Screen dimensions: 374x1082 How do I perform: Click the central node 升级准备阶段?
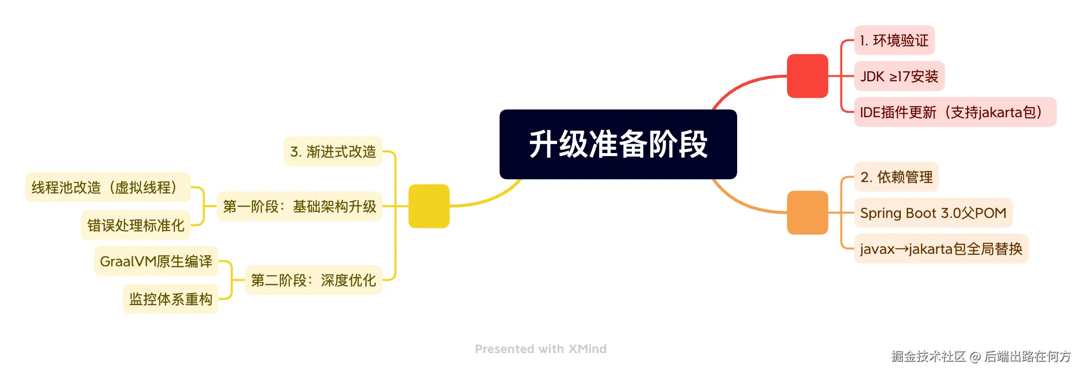(618, 144)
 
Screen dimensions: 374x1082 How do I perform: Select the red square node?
(807, 76)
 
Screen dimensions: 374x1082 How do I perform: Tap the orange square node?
(807, 212)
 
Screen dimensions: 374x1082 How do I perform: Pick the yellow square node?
(429, 206)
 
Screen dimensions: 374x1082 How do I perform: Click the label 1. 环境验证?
(894, 40)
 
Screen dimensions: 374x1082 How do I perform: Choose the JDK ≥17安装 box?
(899, 76)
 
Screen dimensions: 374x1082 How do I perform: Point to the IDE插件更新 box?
(954, 112)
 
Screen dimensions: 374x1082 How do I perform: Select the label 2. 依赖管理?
(896, 177)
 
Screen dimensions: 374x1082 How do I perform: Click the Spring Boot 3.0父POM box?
(933, 213)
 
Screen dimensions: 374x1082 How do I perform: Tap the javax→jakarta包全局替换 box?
(941, 249)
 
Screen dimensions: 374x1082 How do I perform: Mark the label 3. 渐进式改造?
(333, 152)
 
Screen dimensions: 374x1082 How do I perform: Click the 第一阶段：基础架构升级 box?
(299, 206)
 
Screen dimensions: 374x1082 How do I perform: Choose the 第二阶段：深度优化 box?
(313, 280)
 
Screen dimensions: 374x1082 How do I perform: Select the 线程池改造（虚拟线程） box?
(107, 187)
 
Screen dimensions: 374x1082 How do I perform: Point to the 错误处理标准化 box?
(136, 225)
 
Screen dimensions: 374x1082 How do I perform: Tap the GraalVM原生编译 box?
(156, 261)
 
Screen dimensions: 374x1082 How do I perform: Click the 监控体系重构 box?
(171, 299)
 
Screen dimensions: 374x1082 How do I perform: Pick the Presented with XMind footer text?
(541, 349)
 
